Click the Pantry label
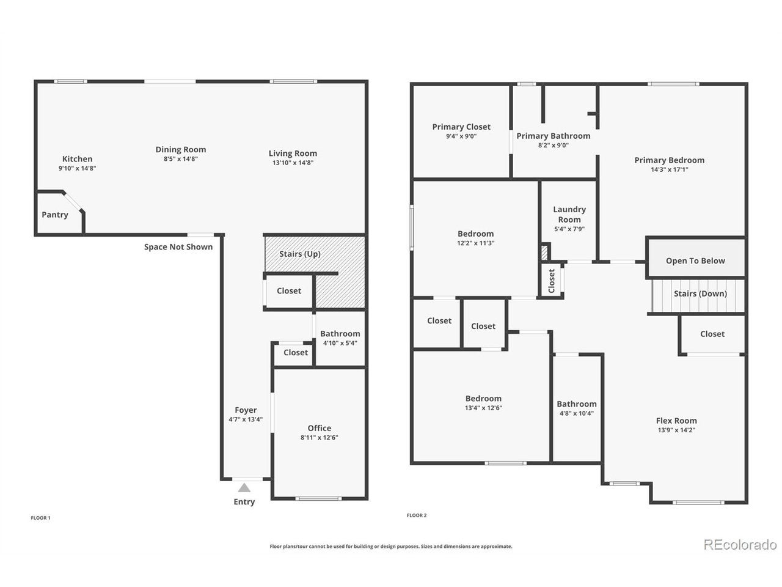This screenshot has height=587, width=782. pos(55,215)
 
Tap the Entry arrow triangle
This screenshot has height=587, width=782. pos(244,487)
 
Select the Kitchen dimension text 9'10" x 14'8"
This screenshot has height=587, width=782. pos(78,168)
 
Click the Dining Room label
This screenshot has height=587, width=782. pos(181,150)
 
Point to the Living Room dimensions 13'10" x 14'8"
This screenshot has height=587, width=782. pos(293,163)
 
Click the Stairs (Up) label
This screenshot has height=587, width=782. pos(300,254)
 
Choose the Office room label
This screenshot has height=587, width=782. pos(319,428)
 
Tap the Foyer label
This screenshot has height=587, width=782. pos(246,410)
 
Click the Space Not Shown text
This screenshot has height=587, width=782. pos(178,247)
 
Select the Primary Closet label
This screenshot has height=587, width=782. pos(461,127)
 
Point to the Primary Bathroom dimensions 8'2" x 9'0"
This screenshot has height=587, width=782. pos(554,146)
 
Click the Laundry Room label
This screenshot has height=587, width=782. pos(569,215)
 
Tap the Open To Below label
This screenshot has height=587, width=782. pos(695,261)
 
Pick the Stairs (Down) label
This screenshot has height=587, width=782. pos(700,293)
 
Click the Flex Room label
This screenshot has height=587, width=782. pos(676,421)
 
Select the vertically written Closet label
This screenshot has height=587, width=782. pos(552,281)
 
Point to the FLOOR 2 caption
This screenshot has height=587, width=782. pos(417,515)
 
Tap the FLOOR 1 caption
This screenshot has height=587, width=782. pos(40,518)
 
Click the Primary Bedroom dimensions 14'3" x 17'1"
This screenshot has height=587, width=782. pos(670,169)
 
